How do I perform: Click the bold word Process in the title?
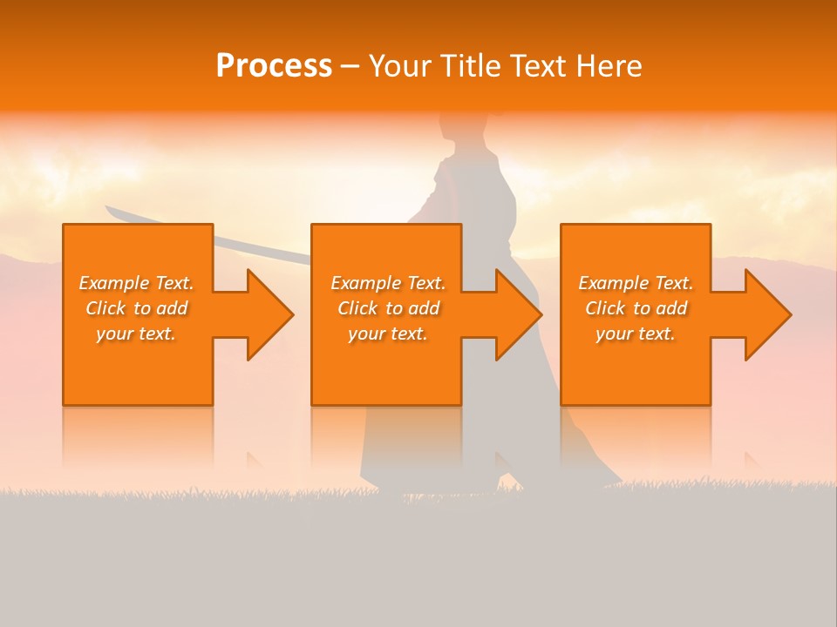[274, 66]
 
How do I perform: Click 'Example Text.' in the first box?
[136, 283]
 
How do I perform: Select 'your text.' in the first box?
[136, 334]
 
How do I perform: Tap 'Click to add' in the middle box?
[388, 308]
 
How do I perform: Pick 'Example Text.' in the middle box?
[388, 283]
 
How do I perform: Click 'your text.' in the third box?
[636, 334]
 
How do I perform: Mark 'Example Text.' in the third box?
[636, 283]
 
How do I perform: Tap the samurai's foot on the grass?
[514, 483]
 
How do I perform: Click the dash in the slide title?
[350, 67]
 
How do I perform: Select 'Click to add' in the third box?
[636, 308]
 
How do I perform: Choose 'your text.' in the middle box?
[388, 334]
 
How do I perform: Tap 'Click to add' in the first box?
[136, 308]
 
